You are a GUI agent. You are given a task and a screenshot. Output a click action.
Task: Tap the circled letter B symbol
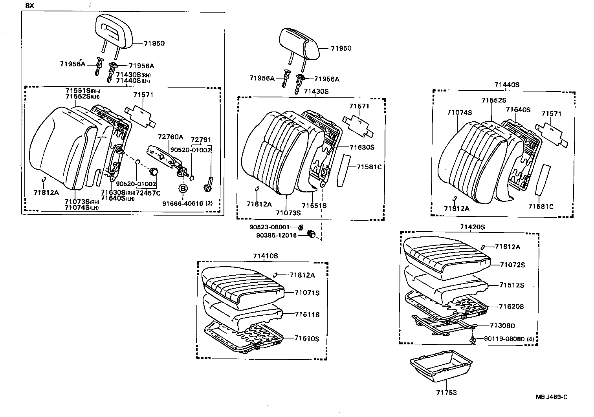183,188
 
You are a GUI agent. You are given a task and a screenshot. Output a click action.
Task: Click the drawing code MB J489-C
552,397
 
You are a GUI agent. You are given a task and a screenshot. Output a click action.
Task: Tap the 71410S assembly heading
266,256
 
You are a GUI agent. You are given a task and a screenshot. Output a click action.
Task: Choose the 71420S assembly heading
473,227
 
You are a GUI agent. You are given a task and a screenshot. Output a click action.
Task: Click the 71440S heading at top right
507,84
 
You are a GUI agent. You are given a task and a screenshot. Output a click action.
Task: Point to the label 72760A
170,137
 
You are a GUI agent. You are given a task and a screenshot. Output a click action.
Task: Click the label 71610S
307,338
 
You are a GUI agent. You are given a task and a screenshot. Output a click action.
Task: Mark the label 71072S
512,265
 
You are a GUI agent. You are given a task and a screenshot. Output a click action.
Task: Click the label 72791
201,139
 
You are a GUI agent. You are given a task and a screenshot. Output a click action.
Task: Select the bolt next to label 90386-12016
312,234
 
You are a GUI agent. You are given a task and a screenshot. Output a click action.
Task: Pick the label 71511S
307,315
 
